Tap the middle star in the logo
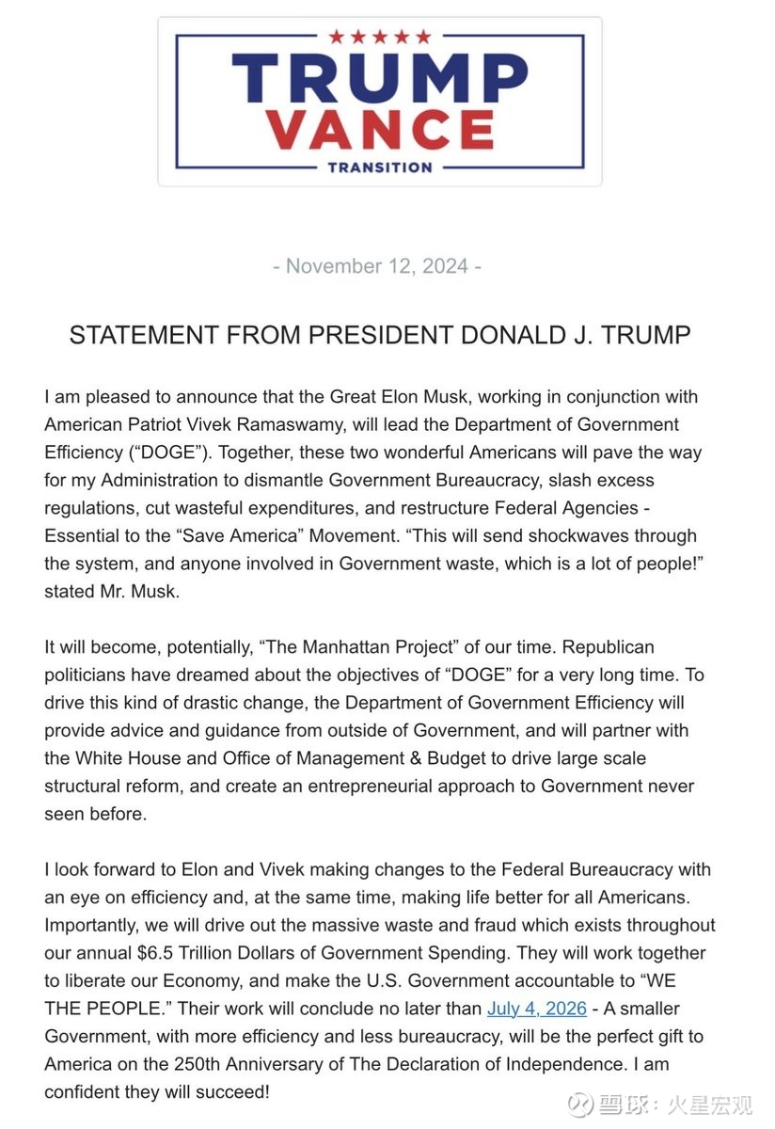pos(380,37)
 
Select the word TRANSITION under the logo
pos(380,167)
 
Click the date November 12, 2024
pos(377,266)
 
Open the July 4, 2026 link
pos(536,1009)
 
